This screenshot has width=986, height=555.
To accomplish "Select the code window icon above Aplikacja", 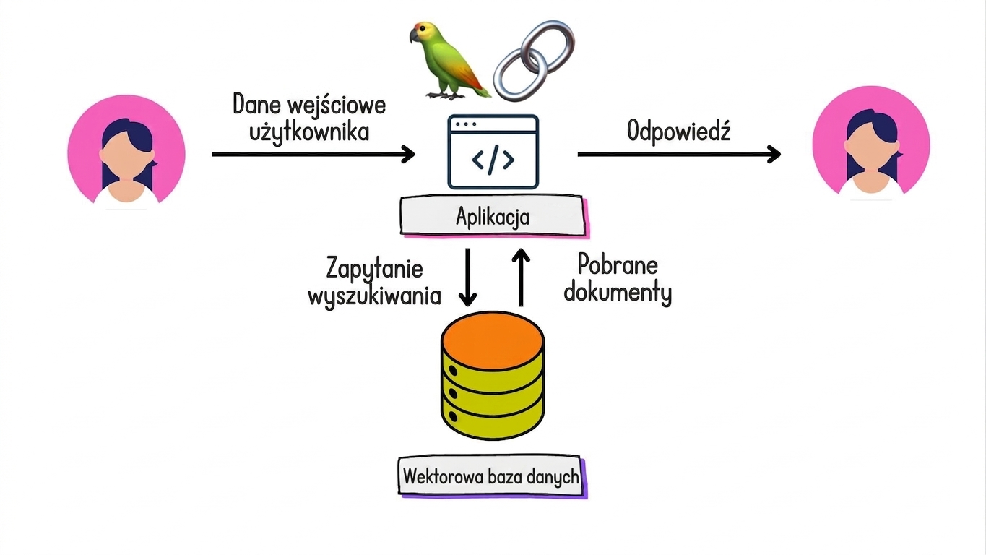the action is [x=493, y=152].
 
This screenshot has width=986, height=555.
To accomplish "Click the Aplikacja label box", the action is [x=493, y=216].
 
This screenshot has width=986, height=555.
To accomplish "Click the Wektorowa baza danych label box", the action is [x=492, y=477].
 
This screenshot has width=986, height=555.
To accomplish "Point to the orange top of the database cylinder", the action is [x=493, y=340].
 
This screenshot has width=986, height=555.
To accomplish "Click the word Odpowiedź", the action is [x=678, y=131].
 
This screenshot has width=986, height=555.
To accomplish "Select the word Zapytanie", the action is [x=374, y=269].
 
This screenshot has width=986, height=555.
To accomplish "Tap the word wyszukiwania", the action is [x=374, y=296].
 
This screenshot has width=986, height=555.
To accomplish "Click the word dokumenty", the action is [x=617, y=292].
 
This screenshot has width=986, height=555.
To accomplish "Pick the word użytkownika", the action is [x=309, y=132].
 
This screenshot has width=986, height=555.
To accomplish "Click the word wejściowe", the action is [x=336, y=106].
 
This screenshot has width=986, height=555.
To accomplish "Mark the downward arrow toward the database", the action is [x=467, y=277].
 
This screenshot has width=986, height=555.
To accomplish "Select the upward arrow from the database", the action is [x=522, y=277].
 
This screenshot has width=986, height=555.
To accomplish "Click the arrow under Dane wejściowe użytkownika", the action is [x=313, y=154].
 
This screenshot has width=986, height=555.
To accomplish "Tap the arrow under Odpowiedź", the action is [x=679, y=154].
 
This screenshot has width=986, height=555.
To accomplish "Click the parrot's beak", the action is [x=414, y=36].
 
